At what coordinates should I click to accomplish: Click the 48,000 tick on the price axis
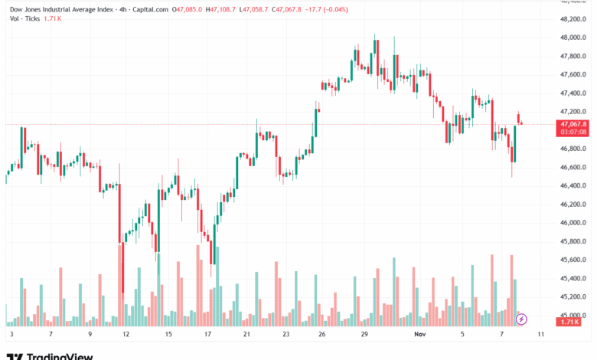(573, 38)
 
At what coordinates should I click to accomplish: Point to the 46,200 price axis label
(573, 205)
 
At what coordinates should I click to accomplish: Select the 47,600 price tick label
(573, 75)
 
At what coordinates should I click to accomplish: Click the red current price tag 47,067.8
(573, 123)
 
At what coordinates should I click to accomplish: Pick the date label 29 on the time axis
(366, 335)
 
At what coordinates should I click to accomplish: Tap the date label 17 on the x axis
(207, 335)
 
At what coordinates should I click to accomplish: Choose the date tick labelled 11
(540, 335)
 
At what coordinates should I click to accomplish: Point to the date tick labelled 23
(285, 335)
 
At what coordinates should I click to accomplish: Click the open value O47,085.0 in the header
(190, 9)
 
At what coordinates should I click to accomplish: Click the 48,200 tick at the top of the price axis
(573, 19)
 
